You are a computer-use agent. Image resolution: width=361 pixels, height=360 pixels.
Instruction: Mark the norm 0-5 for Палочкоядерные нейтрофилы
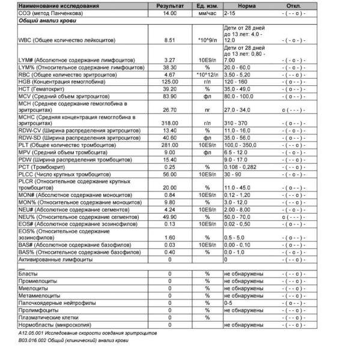click(228, 304)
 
